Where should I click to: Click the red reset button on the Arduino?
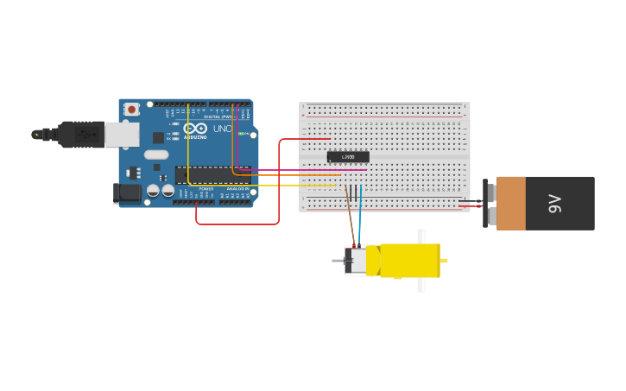pyautogui.click(x=131, y=109)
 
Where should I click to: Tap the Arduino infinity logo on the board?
pyautogui.click(x=189, y=128)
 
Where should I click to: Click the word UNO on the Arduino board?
pyautogui.click(x=222, y=129)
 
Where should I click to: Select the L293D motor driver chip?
pyautogui.click(x=348, y=157)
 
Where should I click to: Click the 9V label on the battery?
pyautogui.click(x=554, y=204)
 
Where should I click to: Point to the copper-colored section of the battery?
pyautogui.click(x=511, y=204)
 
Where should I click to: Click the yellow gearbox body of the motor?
pyautogui.click(x=410, y=261)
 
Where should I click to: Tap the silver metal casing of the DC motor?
pyautogui.click(x=355, y=261)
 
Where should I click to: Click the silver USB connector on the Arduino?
pyautogui.click(x=122, y=134)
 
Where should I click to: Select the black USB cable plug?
pyautogui.click(x=82, y=135)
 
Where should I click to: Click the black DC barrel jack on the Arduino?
pyautogui.click(x=127, y=193)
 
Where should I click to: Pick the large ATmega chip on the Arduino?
pyautogui.click(x=212, y=175)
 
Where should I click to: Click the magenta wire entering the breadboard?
pyautogui.click(x=302, y=169)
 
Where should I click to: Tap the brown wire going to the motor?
pyautogui.click(x=350, y=216)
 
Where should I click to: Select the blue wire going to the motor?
pyautogui.click(x=361, y=216)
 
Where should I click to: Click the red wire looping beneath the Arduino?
pyautogui.click(x=237, y=224)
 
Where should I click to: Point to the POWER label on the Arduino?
pyautogui.click(x=206, y=188)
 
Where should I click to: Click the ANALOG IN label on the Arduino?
pyautogui.click(x=237, y=188)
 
